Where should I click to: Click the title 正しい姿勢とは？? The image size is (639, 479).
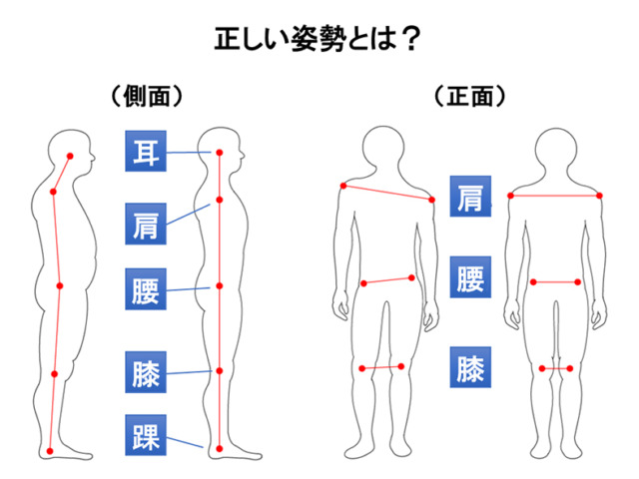(317, 40)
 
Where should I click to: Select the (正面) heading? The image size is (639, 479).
(469, 97)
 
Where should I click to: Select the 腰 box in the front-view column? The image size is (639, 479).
(469, 278)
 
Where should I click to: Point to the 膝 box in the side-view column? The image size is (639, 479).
(144, 371)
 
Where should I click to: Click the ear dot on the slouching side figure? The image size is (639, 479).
(70, 156)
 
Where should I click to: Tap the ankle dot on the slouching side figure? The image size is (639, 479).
(50, 452)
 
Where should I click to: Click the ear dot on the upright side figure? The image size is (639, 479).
(219, 152)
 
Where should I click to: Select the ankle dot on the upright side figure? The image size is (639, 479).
(219, 446)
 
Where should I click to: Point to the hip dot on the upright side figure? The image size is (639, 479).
(219, 285)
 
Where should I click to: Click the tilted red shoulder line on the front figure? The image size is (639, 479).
(387, 193)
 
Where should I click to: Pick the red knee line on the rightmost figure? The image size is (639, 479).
(556, 368)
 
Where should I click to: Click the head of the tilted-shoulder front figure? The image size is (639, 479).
(387, 148)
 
